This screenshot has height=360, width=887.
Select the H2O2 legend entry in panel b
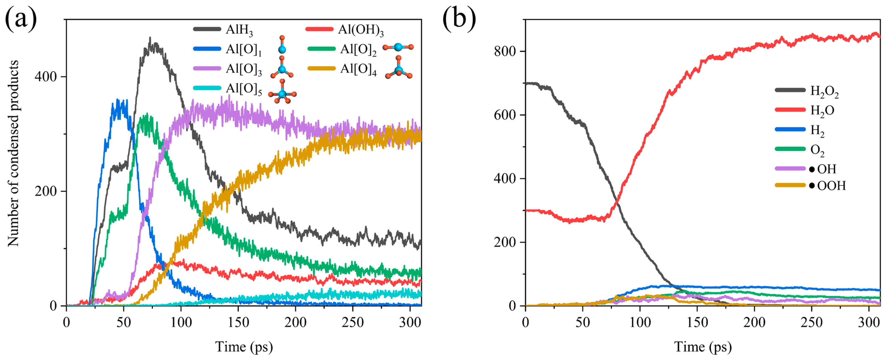824,92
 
